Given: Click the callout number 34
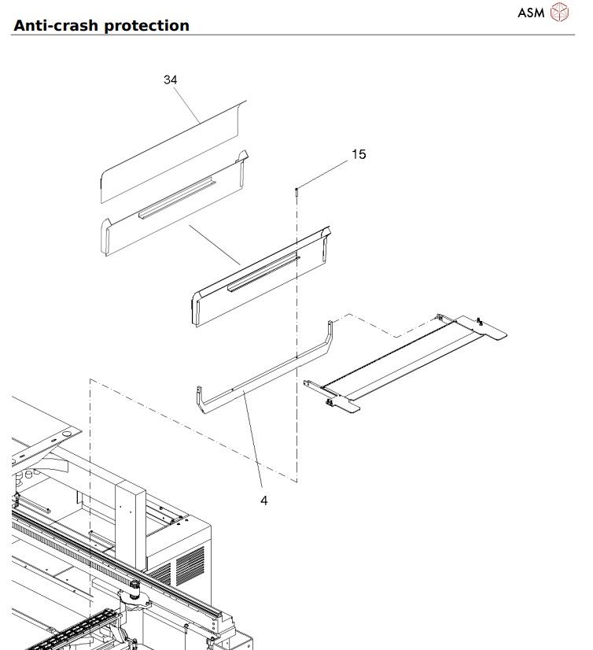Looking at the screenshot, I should click(x=170, y=80).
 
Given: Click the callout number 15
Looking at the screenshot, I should click(x=358, y=154).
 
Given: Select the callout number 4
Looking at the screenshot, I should click(x=264, y=500).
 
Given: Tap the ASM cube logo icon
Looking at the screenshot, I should click(x=559, y=13).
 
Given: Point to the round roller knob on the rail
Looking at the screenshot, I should click(x=134, y=589).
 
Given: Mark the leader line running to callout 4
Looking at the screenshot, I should click(x=253, y=445).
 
